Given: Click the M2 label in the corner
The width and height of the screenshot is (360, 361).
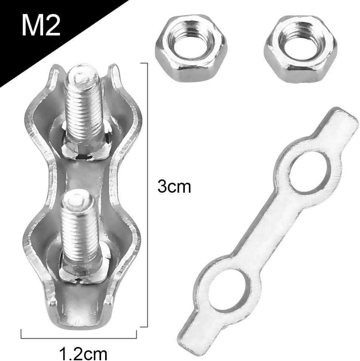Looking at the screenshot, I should click(x=41, y=25).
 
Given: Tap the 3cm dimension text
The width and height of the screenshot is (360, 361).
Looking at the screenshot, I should click(x=174, y=187).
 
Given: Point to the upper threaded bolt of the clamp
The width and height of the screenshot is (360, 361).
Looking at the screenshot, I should click(x=83, y=107).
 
